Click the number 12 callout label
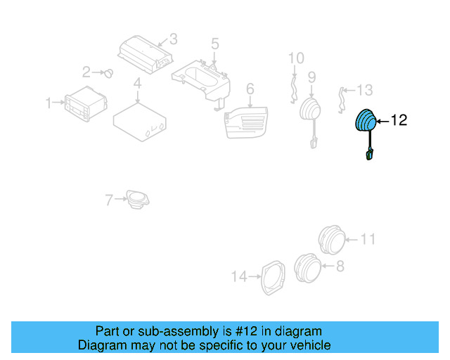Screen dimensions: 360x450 pyautogui.click(x=399, y=121)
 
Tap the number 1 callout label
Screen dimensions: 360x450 pyautogui.click(x=49, y=103)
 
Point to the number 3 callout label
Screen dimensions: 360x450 pyautogui.click(x=173, y=39)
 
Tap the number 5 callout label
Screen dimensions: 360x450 pyautogui.click(x=214, y=44)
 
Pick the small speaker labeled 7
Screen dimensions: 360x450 pyautogui.click(x=136, y=199)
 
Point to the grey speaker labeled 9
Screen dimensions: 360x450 pyautogui.click(x=309, y=112)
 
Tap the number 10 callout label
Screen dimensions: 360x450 pyautogui.click(x=296, y=57)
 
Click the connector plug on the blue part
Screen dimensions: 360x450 pyautogui.click(x=368, y=155)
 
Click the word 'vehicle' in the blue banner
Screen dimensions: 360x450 pyautogui.click(x=307, y=345)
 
